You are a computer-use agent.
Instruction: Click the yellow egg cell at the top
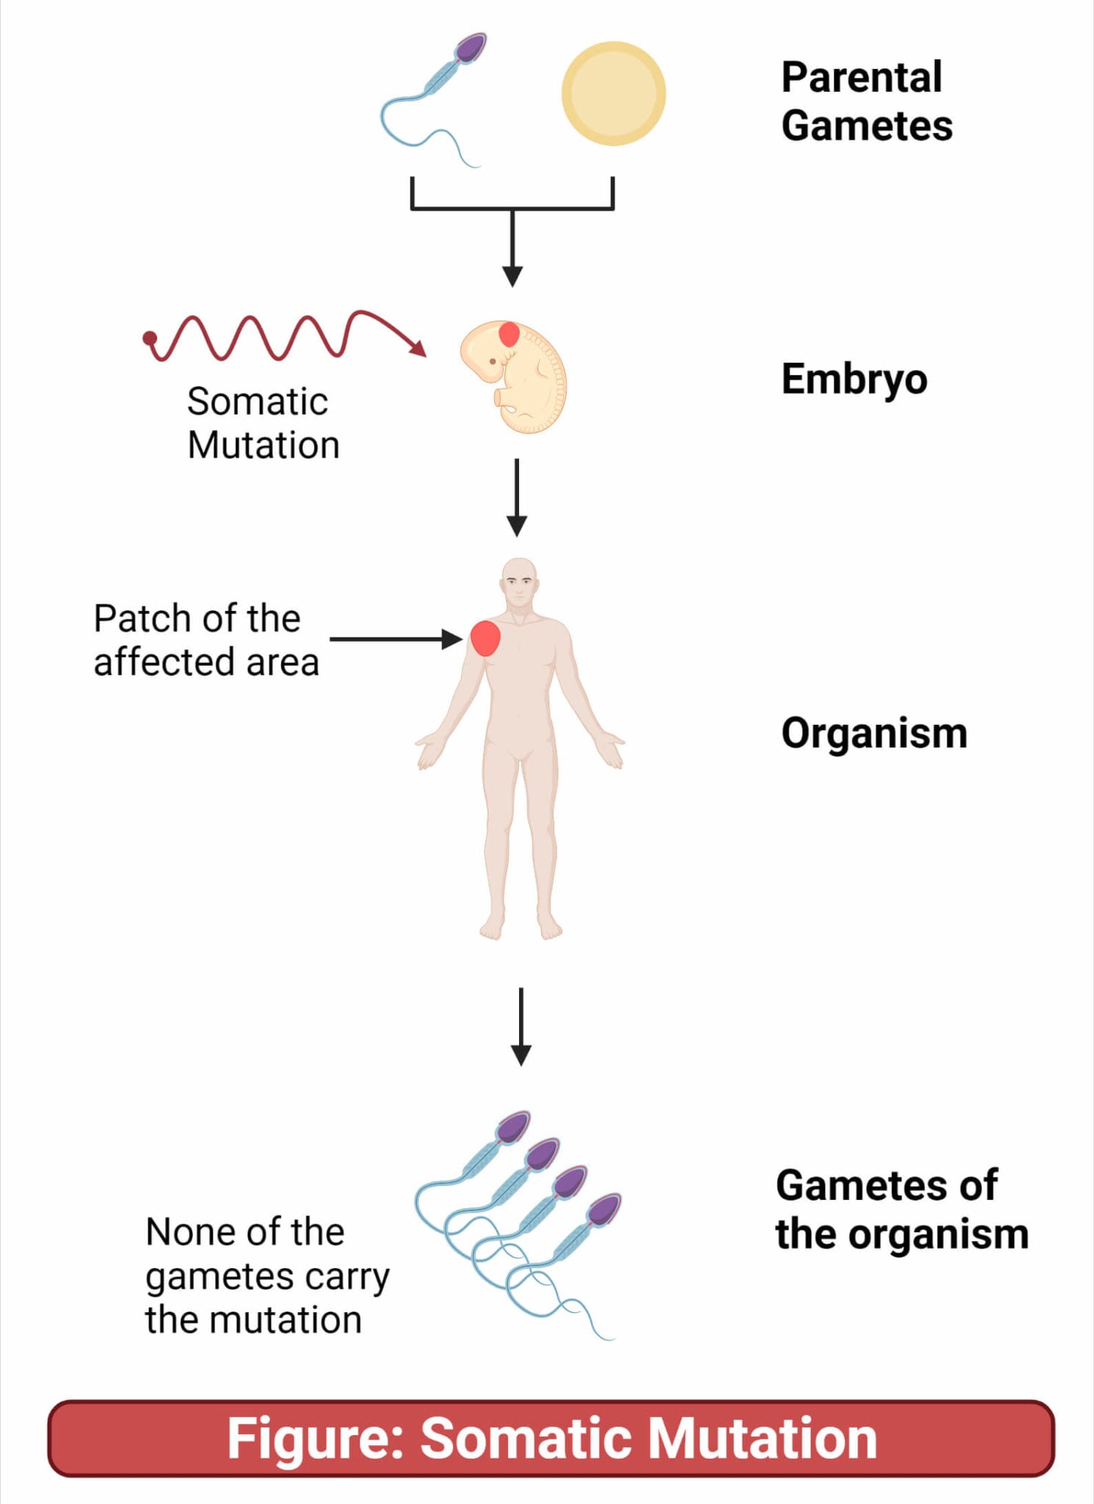pyautogui.click(x=613, y=93)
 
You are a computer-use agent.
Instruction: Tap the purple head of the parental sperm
pyautogui.click(x=470, y=48)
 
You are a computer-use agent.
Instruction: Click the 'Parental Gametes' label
pyautogui.click(x=866, y=101)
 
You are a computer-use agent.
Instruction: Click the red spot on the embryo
pyautogui.click(x=509, y=334)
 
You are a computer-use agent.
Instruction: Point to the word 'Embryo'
pyautogui.click(x=854, y=379)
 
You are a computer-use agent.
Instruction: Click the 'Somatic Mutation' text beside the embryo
pyautogui.click(x=262, y=423)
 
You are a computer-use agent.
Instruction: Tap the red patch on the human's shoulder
pyautogui.click(x=485, y=637)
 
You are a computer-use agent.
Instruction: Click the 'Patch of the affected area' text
pyautogui.click(x=206, y=640)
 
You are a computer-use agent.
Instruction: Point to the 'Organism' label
pyautogui.click(x=874, y=733)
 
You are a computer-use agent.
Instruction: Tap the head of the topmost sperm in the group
pyautogui.click(x=513, y=1127)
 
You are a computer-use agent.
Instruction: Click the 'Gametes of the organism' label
pyautogui.click(x=901, y=1210)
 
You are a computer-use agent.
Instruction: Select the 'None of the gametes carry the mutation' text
pyautogui.click(x=266, y=1276)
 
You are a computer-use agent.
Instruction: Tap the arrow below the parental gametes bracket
pyautogui.click(x=512, y=250)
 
